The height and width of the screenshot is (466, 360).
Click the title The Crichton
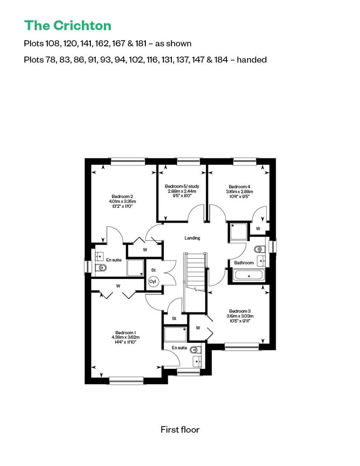(68, 26)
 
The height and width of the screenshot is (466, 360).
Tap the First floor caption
(180, 430)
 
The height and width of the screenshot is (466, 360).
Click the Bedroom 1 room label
(126, 332)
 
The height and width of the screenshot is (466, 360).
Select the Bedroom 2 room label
(122, 197)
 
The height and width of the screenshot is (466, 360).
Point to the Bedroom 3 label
(240, 311)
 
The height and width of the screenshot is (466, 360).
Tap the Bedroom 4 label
(239, 187)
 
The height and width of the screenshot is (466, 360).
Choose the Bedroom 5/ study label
(182, 186)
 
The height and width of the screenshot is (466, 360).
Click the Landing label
(192, 238)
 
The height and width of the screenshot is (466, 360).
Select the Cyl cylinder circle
(153, 282)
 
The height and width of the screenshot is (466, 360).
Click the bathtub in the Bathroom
(249, 275)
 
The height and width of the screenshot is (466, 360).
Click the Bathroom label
(244, 263)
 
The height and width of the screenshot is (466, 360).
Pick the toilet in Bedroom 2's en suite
(101, 268)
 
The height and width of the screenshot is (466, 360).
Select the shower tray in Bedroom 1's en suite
(175, 334)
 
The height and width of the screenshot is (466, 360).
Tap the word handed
(252, 60)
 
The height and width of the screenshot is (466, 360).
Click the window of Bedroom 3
(242, 346)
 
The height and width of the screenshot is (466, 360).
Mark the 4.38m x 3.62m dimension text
(126, 337)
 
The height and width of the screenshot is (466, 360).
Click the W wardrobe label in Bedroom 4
(258, 229)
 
